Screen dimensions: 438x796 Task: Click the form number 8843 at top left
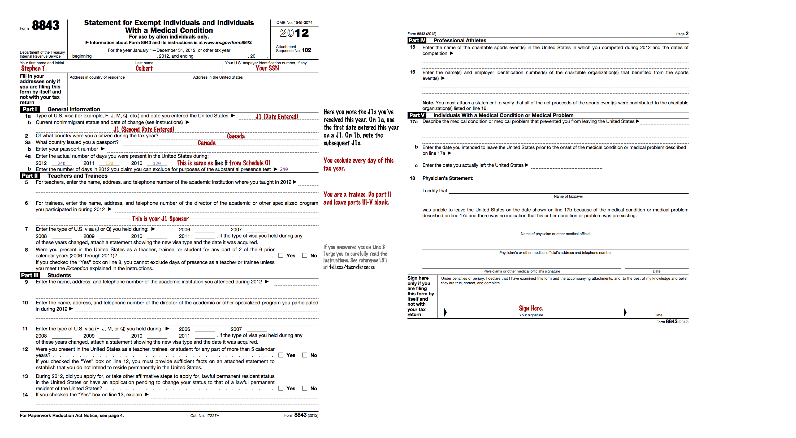tap(45, 25)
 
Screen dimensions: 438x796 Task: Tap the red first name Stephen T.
tap(34, 68)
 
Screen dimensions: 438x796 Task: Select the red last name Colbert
tap(144, 68)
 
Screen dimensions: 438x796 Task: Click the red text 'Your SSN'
tap(267, 68)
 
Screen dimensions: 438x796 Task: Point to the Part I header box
tap(30, 109)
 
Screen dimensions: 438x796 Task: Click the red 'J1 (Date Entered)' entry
tap(276, 117)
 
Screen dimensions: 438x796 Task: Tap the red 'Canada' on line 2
tap(236, 136)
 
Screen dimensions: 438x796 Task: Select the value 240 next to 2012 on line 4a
tap(62, 163)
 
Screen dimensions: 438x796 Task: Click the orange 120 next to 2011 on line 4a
tap(109, 163)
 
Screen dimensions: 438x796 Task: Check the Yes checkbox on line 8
tap(280, 256)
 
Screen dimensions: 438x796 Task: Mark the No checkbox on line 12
tap(305, 355)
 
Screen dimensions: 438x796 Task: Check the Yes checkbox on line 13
tap(280, 388)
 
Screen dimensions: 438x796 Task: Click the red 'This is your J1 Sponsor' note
tap(160, 219)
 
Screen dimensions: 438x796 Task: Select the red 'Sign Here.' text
tap(531, 308)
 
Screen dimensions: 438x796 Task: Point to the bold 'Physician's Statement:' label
tap(448, 178)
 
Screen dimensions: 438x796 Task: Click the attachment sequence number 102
tap(306, 50)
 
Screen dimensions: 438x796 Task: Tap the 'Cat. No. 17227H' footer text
tap(205, 415)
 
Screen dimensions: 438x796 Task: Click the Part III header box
tap(30, 275)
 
